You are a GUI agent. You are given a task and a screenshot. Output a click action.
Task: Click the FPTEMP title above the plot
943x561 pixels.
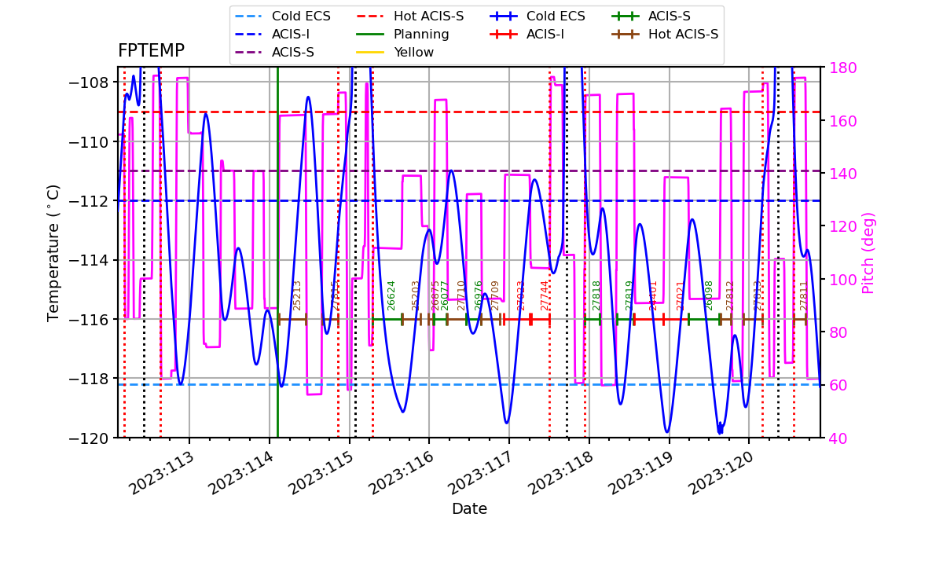[151, 52]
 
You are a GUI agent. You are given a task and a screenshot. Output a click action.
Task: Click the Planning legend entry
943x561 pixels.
[420, 35]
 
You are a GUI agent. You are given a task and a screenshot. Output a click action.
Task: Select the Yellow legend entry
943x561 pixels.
[413, 53]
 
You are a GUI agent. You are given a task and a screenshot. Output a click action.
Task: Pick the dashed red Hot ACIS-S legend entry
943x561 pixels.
[428, 16]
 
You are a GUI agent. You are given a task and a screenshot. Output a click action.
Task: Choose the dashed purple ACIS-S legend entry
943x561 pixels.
[292, 53]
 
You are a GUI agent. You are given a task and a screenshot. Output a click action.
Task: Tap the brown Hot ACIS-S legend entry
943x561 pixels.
[683, 35]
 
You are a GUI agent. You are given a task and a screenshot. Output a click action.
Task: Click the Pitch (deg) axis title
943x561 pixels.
[868, 253]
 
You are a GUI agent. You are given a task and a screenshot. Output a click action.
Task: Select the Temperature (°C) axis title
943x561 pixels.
[53, 253]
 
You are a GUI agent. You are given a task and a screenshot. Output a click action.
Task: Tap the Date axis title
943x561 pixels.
[469, 509]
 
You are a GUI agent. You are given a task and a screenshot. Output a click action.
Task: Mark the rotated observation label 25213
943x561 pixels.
[297, 295]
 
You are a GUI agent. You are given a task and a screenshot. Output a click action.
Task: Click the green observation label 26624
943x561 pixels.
[391, 295]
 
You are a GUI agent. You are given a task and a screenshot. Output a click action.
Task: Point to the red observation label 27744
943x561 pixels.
[545, 295]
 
